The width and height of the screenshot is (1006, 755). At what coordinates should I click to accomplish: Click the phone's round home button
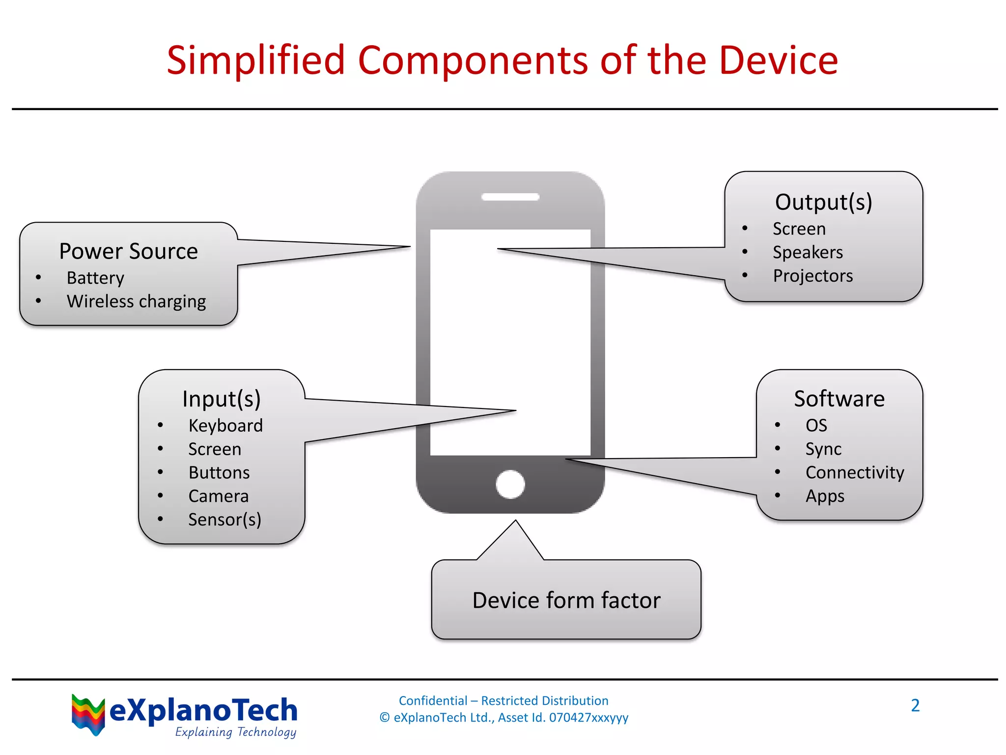(510, 484)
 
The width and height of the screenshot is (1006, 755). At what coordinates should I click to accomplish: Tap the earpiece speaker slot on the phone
(510, 197)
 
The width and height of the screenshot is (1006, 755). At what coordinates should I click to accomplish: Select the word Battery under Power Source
(95, 278)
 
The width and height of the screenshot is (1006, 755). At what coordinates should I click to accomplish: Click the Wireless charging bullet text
(136, 301)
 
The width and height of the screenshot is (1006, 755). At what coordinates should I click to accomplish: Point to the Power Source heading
(128, 251)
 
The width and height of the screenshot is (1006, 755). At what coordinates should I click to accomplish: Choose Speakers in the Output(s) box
(808, 252)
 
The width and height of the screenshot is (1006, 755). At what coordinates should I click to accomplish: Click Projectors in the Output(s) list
(812, 276)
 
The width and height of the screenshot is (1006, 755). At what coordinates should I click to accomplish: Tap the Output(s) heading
(823, 202)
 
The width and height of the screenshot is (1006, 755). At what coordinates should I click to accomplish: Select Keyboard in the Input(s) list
(225, 425)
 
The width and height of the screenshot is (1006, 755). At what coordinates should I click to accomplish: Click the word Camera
(219, 496)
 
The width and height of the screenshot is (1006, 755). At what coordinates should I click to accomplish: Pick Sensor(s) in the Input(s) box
(224, 520)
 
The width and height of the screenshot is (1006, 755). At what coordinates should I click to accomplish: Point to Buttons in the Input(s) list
(219, 472)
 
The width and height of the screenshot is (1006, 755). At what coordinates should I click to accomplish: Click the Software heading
(839, 399)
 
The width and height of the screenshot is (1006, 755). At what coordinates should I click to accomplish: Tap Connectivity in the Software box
(855, 472)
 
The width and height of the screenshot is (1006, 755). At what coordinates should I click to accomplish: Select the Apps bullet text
(825, 496)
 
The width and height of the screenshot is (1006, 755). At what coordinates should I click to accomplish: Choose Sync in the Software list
(823, 449)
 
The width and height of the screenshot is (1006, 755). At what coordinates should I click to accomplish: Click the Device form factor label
(566, 600)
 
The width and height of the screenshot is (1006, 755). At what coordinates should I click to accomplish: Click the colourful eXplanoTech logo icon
(88, 714)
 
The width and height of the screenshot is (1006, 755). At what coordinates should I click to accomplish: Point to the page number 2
(915, 705)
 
